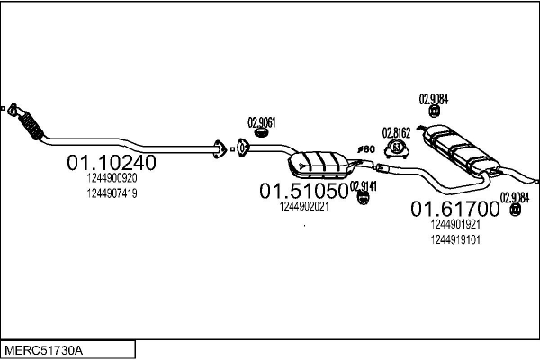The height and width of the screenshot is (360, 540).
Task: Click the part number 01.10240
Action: pyautogui.click(x=112, y=163)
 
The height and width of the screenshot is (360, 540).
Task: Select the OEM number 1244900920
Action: pyautogui.click(x=112, y=179)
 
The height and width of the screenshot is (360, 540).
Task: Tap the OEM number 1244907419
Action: pyautogui.click(x=112, y=193)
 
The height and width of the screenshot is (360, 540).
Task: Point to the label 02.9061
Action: pyautogui.click(x=261, y=121)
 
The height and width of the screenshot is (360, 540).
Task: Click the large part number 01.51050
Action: pyautogui.click(x=304, y=191)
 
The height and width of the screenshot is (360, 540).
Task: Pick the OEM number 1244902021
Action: pyautogui.click(x=304, y=206)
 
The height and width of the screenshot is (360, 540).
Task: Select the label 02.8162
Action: pyautogui.click(x=397, y=131)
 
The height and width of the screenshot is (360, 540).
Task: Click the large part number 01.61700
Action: pyautogui.click(x=454, y=209)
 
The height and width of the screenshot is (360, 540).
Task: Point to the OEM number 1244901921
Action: pyautogui.click(x=454, y=224)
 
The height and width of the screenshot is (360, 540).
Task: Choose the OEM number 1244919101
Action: pyautogui.click(x=454, y=238)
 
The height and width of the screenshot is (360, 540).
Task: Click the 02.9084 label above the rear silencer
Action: pyautogui.click(x=435, y=99)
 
